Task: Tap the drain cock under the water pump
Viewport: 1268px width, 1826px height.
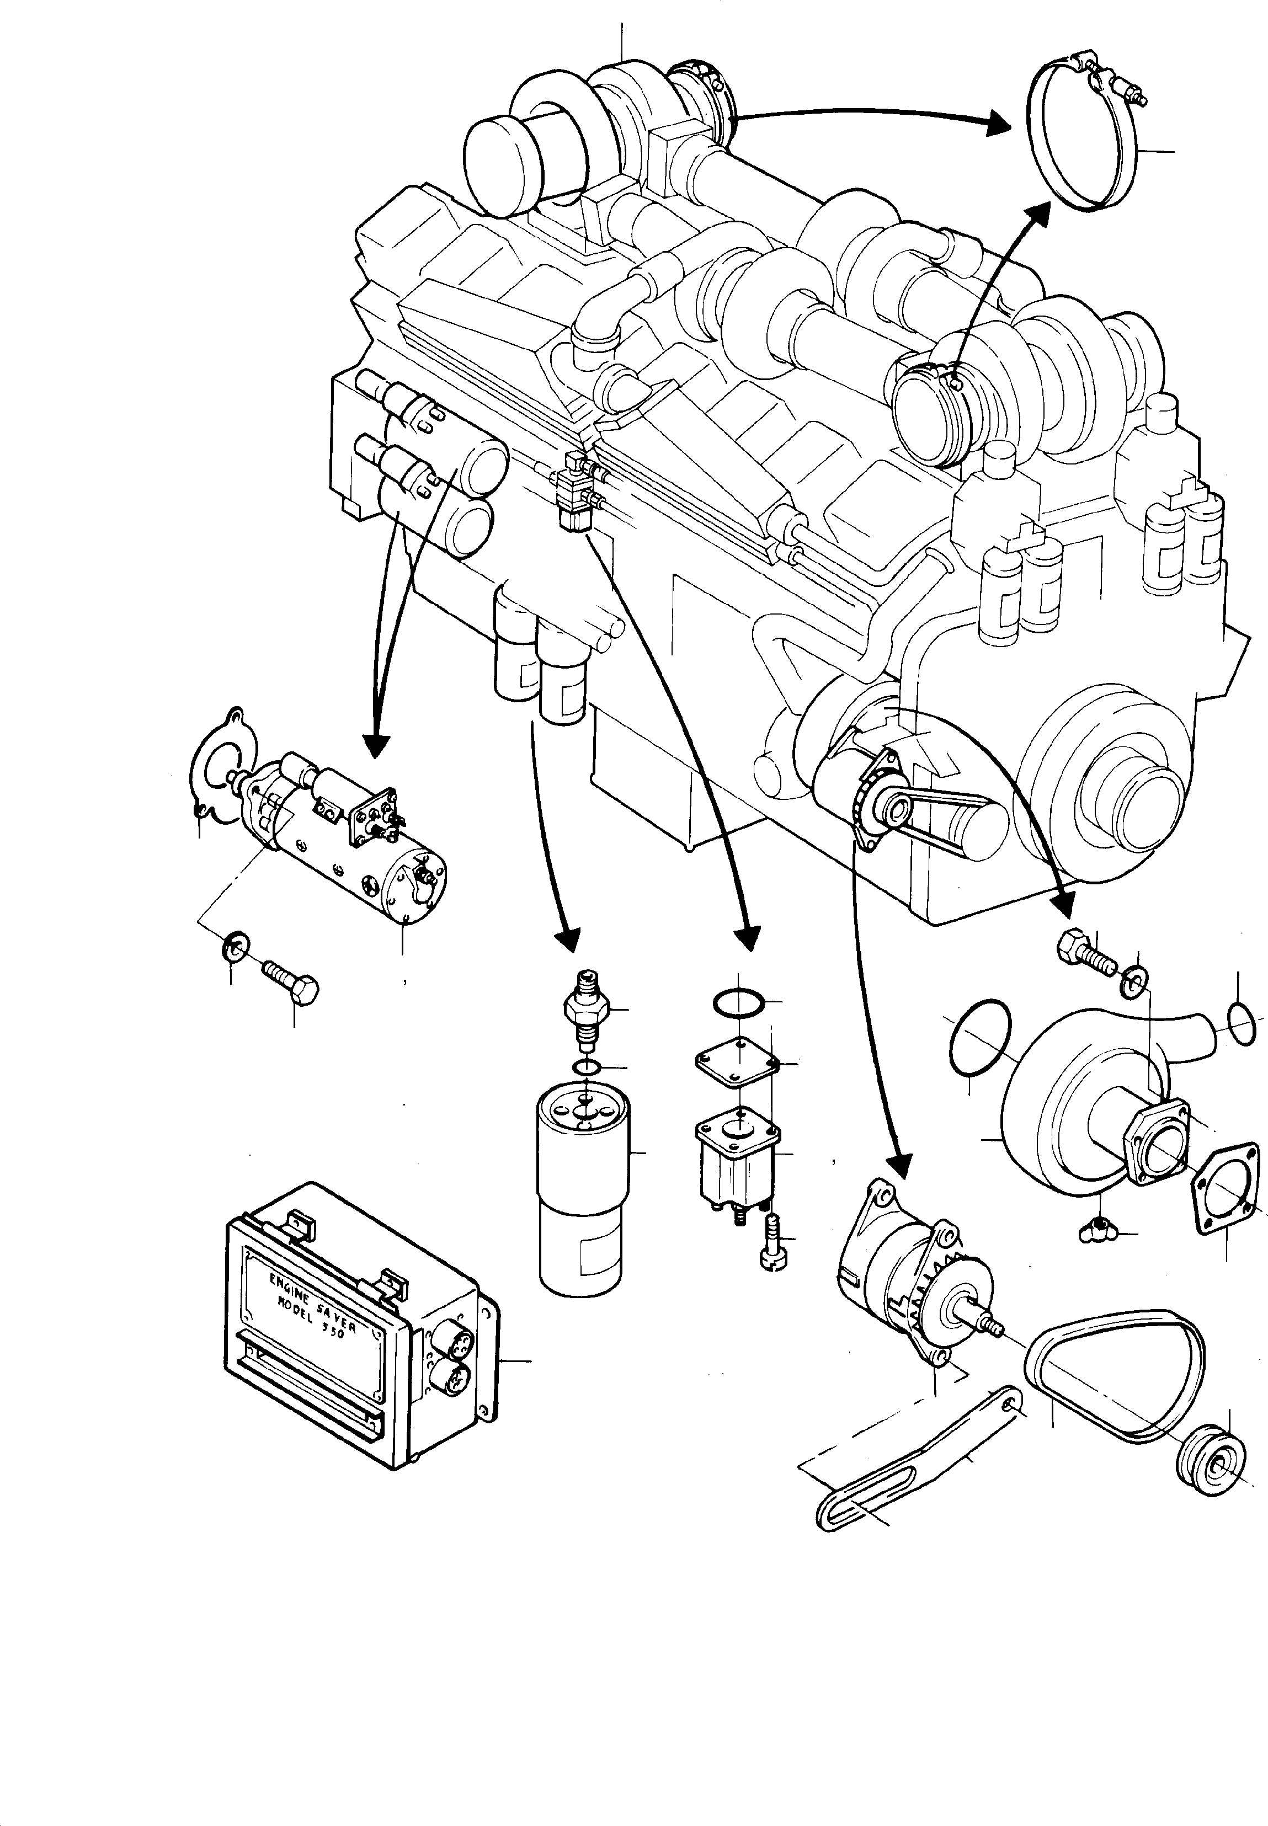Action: pyautogui.click(x=1096, y=1230)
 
